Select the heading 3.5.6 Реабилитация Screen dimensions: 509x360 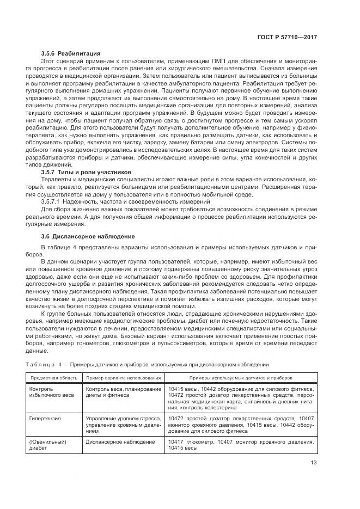tap(70, 53)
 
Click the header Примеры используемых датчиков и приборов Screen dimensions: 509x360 tap(241, 377)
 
